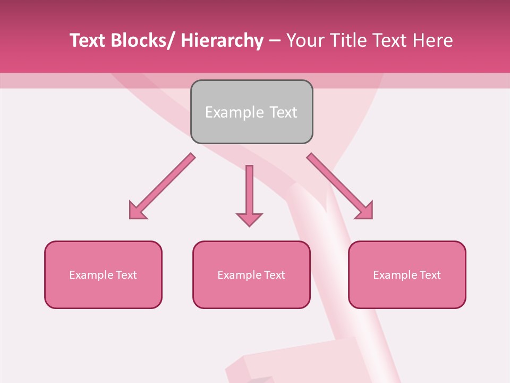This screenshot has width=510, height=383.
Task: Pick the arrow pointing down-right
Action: click(340, 186)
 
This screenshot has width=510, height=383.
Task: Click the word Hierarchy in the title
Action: click(222, 40)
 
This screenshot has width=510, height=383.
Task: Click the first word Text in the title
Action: click(88, 40)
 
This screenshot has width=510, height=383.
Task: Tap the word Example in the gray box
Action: click(234, 112)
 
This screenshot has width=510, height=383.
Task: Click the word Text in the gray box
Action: click(283, 112)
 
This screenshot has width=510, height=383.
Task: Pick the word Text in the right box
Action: click(430, 275)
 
